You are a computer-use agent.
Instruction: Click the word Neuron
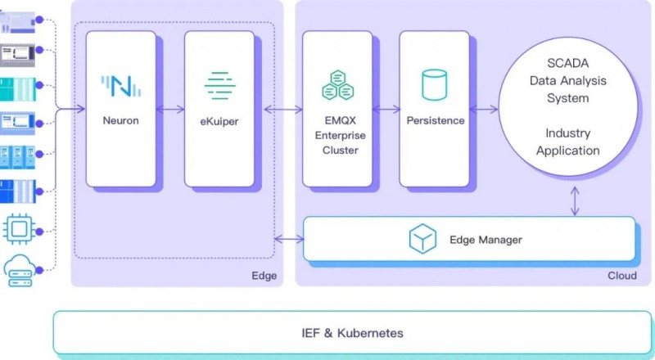coord(120,120)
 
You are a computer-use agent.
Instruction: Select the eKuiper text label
coord(219,120)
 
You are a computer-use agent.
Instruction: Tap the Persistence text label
coord(435,120)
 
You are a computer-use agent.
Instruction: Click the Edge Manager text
coord(486,240)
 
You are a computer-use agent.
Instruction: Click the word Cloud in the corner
coord(621,276)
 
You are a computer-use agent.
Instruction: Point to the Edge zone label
coord(264,276)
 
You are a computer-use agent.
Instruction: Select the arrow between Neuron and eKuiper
coord(169,109)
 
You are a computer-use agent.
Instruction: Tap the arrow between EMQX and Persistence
coord(385,109)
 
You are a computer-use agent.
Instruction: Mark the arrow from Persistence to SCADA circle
coord(484,109)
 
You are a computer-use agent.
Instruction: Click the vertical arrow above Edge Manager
coord(577,201)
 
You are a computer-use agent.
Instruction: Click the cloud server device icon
coord(17,271)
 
